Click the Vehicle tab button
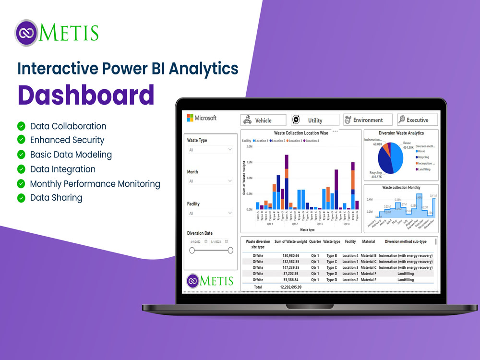[x=263, y=120]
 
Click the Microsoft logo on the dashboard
[x=202, y=118]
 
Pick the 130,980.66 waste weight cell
[x=288, y=255]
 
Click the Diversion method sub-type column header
[x=406, y=242]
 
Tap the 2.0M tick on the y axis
[x=249, y=147]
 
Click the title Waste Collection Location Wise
[x=301, y=133]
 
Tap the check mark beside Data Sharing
[x=21, y=198]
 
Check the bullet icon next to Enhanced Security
[x=21, y=140]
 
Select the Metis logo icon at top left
[x=26, y=33]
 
